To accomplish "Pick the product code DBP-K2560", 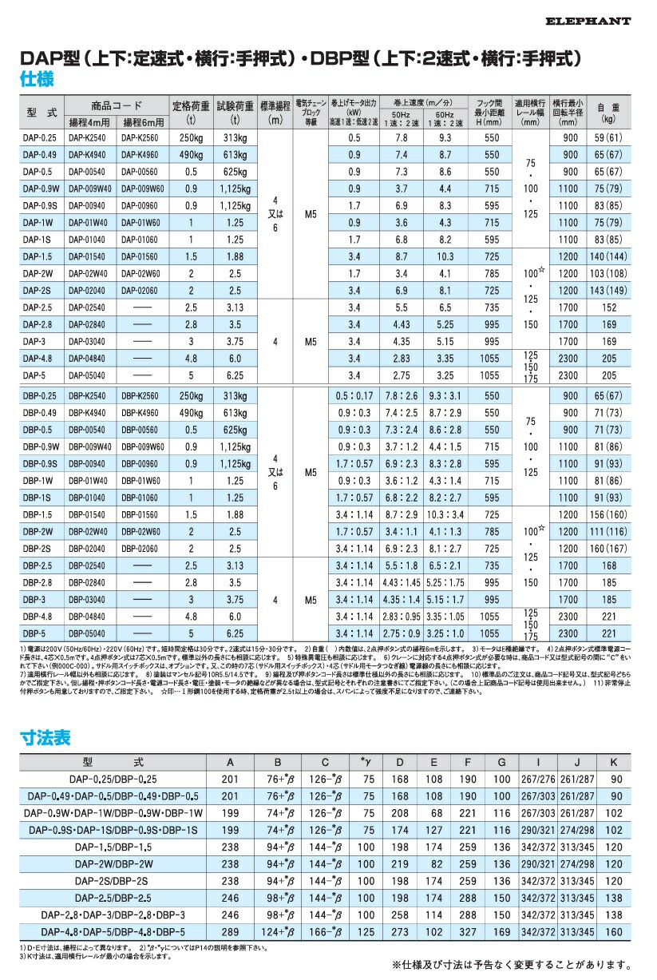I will tap(142, 395).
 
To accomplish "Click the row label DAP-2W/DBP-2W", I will tap(113, 863).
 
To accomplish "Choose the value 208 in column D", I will tap(400, 813).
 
